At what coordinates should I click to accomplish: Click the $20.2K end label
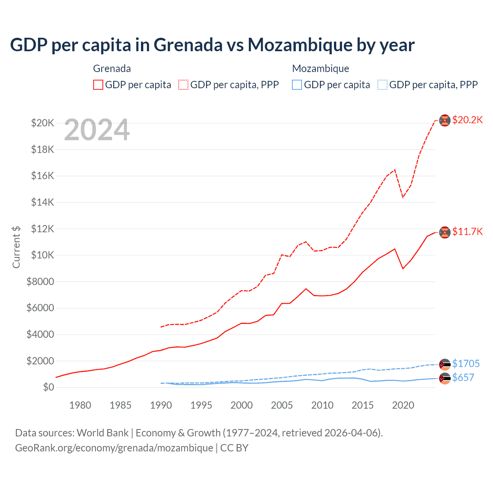[x=467, y=120]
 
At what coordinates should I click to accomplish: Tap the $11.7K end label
[x=467, y=231]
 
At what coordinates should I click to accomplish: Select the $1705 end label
[x=466, y=364]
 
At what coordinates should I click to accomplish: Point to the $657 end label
[x=463, y=377]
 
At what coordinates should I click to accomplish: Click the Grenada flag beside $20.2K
[x=445, y=120]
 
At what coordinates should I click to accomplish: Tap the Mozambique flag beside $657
[x=445, y=378]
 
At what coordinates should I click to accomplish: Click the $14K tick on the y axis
[x=43, y=202]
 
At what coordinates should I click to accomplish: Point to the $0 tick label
[x=48, y=387]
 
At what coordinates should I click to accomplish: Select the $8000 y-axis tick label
[x=40, y=282]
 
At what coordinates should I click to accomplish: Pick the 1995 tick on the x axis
[x=201, y=405]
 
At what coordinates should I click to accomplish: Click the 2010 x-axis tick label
[x=322, y=405]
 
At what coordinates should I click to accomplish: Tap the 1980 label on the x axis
[x=80, y=405]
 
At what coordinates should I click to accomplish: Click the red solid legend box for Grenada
[x=98, y=85]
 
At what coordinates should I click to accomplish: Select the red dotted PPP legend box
[x=183, y=85]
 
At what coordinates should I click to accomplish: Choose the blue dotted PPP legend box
[x=382, y=85]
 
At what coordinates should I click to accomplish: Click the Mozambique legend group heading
[x=320, y=69]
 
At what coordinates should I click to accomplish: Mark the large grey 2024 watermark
[x=97, y=130]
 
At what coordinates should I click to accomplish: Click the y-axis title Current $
[x=16, y=247]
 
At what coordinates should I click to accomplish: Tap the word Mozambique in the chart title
[x=299, y=45]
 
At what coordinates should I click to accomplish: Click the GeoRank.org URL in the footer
[x=114, y=448]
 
